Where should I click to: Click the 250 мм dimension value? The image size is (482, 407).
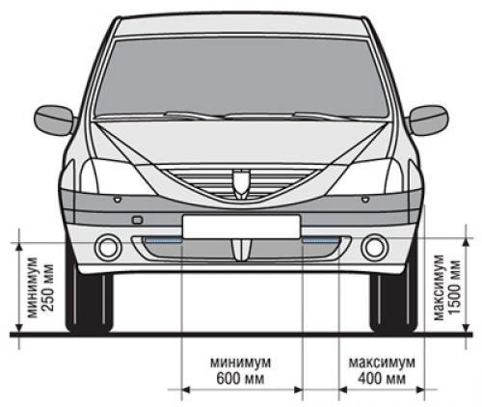tap(48, 287)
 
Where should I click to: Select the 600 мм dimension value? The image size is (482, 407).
tap(240, 378)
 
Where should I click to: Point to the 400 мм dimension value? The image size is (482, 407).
tap(382, 378)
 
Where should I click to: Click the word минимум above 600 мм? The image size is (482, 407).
tap(241, 363)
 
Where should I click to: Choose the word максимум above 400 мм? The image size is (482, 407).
tap(382, 363)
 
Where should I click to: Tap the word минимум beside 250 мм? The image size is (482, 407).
tap(33, 287)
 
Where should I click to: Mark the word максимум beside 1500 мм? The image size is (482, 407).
tap(439, 287)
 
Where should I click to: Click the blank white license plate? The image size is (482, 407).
tap(241, 227)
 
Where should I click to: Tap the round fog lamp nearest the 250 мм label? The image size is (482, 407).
tap(108, 247)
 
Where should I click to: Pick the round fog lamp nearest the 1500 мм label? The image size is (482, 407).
tap(375, 247)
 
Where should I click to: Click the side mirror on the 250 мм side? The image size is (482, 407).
tap(54, 121)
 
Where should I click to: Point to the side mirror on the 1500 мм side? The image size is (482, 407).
tap(429, 121)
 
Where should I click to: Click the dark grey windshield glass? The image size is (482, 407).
tap(242, 77)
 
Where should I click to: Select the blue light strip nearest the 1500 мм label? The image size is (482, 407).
tap(321, 240)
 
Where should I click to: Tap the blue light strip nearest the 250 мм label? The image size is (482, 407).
tap(163, 240)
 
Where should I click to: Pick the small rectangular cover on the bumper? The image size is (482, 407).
tap(137, 220)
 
